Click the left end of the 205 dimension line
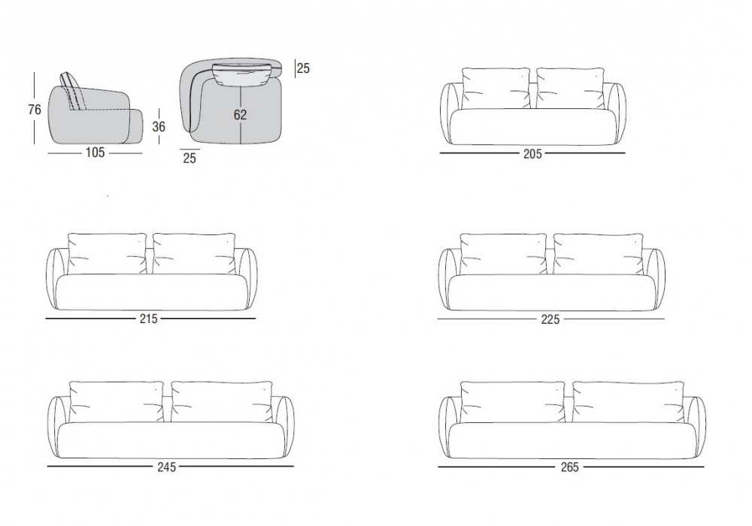pos(440,153)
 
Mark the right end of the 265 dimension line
pos(704,466)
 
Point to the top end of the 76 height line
pos(35,73)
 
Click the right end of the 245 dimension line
pos(293,466)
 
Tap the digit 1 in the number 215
pos(149,319)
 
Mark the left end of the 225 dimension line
pos(438,319)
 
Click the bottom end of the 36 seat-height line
pos(159,144)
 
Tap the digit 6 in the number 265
pos(570,467)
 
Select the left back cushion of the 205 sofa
pos(496,88)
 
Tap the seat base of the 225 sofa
pos(551,292)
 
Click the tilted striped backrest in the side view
pos(74,92)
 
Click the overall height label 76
pos(35,110)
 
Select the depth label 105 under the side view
pos(95,153)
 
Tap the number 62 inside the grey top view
pos(241,115)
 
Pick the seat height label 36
pos(159,126)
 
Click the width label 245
pos(167,467)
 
